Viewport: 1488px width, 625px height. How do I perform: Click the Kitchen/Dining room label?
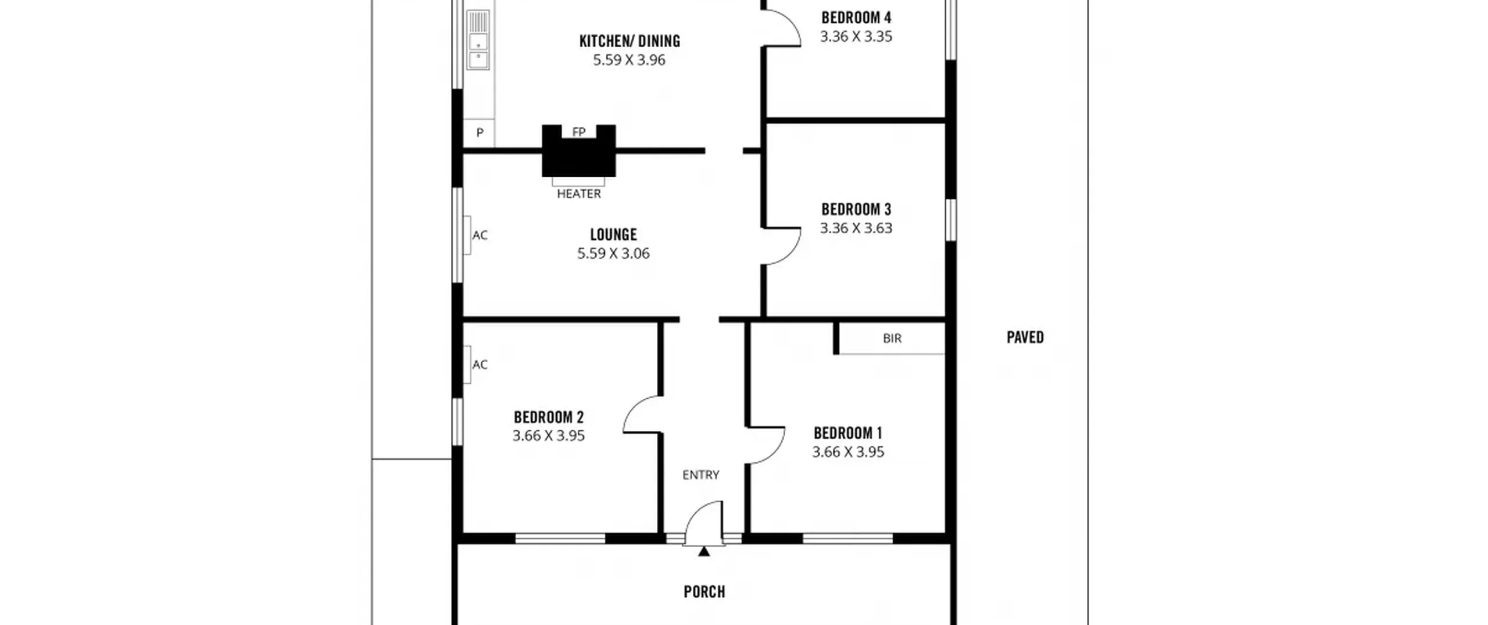pyautogui.click(x=629, y=41)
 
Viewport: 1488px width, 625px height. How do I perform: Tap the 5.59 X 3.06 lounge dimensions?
pyautogui.click(x=613, y=253)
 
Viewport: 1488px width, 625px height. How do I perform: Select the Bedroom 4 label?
pyautogui.click(x=856, y=18)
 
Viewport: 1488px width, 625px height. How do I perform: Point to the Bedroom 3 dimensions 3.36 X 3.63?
pyautogui.click(x=856, y=228)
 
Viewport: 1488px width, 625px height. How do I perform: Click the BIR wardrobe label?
pyautogui.click(x=892, y=338)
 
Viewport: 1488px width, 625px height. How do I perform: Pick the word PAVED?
pyautogui.click(x=1025, y=337)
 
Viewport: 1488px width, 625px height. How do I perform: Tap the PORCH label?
pyautogui.click(x=704, y=592)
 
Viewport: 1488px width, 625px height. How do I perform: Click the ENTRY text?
pyautogui.click(x=701, y=475)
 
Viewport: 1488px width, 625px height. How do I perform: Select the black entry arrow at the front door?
pyautogui.click(x=704, y=551)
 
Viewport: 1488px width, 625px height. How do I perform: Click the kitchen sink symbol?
pyautogui.click(x=478, y=40)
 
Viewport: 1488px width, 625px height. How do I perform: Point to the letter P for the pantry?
pyautogui.click(x=480, y=133)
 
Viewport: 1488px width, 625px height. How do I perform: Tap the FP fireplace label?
pyautogui.click(x=578, y=132)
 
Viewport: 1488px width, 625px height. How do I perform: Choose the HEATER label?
pyautogui.click(x=579, y=194)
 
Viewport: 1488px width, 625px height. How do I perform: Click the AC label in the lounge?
pyautogui.click(x=480, y=235)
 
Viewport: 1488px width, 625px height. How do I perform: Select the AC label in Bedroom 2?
pyautogui.click(x=480, y=365)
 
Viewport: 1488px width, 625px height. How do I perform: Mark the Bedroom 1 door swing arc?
pyautogui.click(x=775, y=453)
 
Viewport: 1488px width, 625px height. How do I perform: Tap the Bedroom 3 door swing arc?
pyautogui.click(x=791, y=255)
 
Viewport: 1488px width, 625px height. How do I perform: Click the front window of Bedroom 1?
pyautogui.click(x=847, y=539)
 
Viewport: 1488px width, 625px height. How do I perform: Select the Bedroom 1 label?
pyautogui.click(x=848, y=433)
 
